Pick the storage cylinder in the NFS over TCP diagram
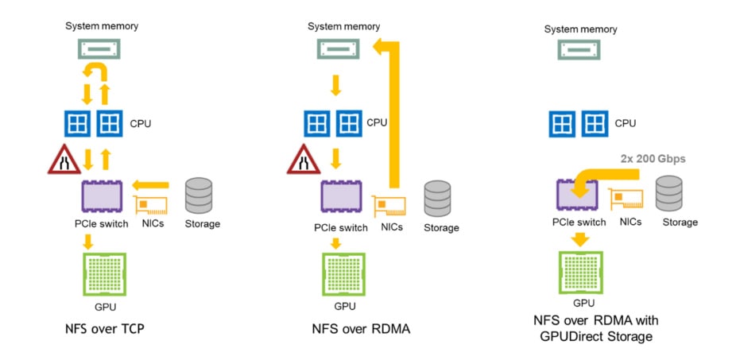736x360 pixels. point(199,195)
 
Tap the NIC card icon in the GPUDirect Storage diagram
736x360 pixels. point(625,199)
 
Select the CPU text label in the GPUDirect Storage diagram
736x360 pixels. point(626,124)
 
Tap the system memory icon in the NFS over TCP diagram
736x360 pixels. point(99,49)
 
